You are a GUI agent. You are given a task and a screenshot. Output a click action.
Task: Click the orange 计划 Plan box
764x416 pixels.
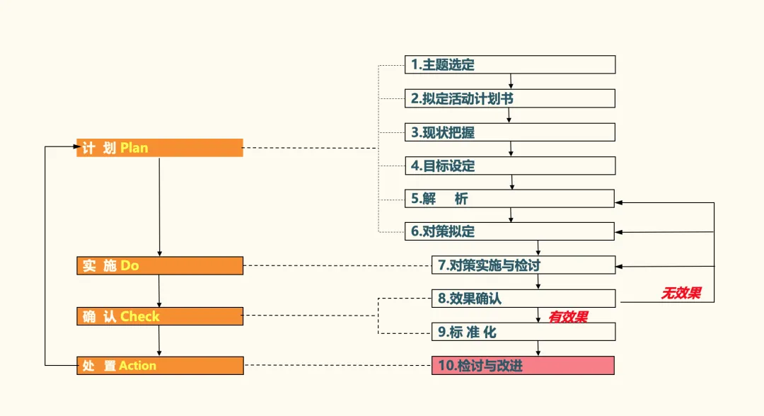pyautogui.click(x=159, y=148)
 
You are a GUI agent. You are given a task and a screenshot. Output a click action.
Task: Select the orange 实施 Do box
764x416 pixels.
pyautogui.click(x=159, y=265)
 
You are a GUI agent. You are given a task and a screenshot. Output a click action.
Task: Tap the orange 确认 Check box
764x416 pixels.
pyautogui.click(x=159, y=316)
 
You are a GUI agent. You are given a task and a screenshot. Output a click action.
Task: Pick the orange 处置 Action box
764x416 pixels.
pyautogui.click(x=159, y=366)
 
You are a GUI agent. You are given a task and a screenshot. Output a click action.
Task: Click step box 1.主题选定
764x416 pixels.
pyautogui.click(x=509, y=64)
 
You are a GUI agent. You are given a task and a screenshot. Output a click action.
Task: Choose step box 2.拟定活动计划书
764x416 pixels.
pyautogui.click(x=509, y=98)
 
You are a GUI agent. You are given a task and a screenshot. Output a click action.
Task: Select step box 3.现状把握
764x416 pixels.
pyautogui.click(x=509, y=132)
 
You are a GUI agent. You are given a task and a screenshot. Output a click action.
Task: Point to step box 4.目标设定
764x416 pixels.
pyautogui.click(x=509, y=166)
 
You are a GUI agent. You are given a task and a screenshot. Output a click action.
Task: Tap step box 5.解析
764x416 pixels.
pyautogui.click(x=509, y=199)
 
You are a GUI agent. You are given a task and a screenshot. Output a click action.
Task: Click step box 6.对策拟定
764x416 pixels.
pyautogui.click(x=509, y=231)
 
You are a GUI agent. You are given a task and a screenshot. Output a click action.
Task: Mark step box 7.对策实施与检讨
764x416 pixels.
pyautogui.click(x=523, y=265)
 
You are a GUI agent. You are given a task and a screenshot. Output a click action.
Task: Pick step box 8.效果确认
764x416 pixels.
pyautogui.click(x=523, y=299)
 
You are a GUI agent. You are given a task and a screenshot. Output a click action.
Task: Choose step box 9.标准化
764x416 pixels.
pyautogui.click(x=523, y=332)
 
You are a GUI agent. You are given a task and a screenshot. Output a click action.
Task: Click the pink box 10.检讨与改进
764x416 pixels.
pyautogui.click(x=523, y=366)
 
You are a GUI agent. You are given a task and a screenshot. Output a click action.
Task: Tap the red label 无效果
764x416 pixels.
pyautogui.click(x=681, y=293)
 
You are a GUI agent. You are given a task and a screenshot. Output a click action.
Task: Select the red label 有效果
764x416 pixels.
pyautogui.click(x=568, y=317)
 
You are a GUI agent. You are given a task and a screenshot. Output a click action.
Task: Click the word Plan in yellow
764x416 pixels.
pyautogui.click(x=134, y=148)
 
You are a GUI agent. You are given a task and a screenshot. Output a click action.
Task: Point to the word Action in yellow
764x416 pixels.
pyautogui.click(x=137, y=366)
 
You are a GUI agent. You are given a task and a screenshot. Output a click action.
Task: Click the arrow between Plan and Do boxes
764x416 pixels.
pyautogui.click(x=159, y=205)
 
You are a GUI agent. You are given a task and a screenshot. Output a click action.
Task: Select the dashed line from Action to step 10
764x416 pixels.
pyautogui.click(x=337, y=366)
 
